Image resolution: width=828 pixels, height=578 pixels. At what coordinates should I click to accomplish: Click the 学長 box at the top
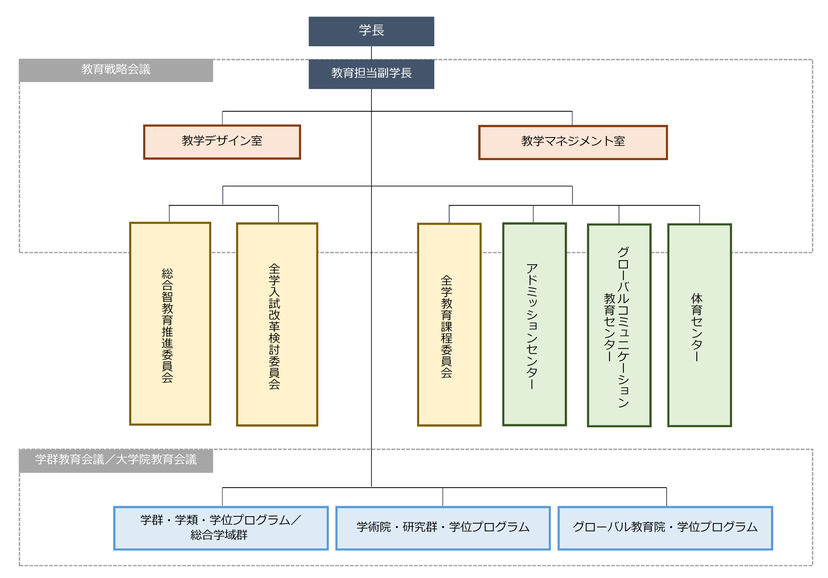tap(371, 31)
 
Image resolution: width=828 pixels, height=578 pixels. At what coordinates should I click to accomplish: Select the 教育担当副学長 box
tap(371, 74)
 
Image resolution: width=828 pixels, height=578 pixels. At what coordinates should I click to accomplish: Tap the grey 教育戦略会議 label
tap(116, 70)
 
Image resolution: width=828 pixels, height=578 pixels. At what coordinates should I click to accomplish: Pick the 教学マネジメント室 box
tap(573, 142)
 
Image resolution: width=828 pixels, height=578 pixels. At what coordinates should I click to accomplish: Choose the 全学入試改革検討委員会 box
tap(277, 324)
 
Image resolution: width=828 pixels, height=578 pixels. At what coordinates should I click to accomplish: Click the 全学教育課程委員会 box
tap(449, 324)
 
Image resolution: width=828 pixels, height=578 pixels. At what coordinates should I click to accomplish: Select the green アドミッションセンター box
tap(534, 324)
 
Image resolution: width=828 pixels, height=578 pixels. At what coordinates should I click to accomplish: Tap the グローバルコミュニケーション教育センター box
tap(619, 325)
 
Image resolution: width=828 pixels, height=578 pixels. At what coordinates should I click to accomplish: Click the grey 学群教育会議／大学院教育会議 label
tap(116, 460)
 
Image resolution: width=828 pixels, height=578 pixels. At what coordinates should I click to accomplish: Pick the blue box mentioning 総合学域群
tap(221, 528)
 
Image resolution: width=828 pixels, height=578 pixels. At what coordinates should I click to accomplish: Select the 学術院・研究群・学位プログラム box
tap(443, 528)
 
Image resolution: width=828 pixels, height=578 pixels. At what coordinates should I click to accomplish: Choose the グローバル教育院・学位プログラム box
tap(665, 528)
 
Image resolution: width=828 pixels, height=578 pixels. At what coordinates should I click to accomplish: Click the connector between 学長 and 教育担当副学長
tap(371, 53)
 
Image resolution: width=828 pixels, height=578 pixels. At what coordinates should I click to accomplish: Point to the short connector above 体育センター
tap(700, 214)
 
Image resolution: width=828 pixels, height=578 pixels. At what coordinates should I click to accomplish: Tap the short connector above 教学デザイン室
tap(222, 118)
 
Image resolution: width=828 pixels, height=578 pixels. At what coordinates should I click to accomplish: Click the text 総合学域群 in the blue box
tap(219, 535)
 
